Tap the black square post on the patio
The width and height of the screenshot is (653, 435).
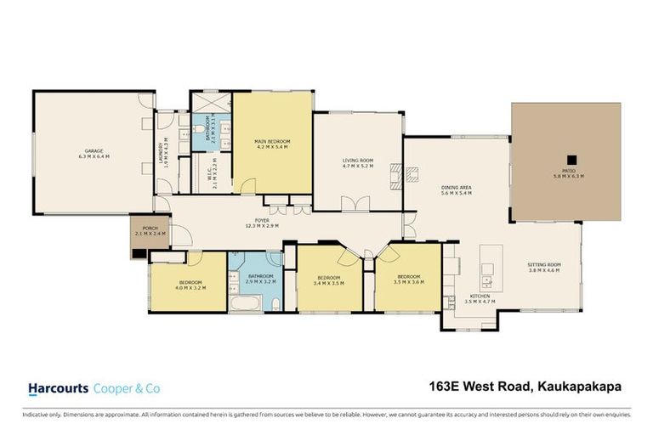(572, 158)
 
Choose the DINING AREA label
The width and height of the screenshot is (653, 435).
(456, 188)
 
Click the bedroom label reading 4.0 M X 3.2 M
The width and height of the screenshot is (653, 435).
(190, 287)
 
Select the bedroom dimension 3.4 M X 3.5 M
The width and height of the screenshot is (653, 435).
(328, 283)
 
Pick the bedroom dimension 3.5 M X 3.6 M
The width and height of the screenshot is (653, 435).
(409, 282)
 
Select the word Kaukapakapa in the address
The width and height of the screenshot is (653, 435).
(579, 387)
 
